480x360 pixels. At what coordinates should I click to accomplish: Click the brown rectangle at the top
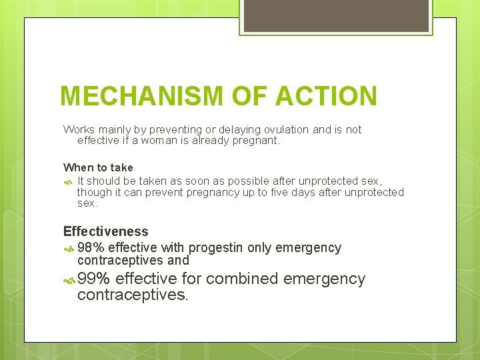(335, 15)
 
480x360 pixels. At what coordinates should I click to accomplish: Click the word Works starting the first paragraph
(79, 129)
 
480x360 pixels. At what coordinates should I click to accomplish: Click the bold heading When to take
(98, 168)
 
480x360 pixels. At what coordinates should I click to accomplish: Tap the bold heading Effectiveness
(105, 231)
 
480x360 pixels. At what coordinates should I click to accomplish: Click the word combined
(243, 279)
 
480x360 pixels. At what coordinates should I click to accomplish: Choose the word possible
(225, 181)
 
